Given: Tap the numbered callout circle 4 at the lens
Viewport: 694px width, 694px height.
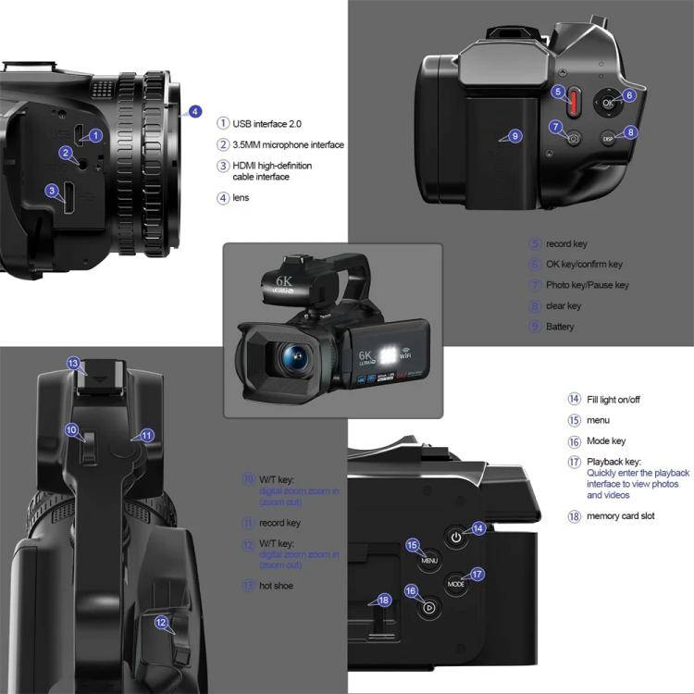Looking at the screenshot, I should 194,112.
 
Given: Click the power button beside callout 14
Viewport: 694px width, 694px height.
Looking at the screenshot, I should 455,537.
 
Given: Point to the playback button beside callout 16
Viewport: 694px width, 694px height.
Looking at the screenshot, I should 428,608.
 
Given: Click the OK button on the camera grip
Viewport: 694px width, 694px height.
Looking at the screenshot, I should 608,104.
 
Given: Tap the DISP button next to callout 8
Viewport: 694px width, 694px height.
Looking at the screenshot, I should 608,138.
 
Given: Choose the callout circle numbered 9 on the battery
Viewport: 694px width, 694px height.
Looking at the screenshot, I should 515,136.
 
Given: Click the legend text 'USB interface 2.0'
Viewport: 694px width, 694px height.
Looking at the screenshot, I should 266,123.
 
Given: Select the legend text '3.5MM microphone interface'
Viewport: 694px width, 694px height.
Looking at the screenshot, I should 288,144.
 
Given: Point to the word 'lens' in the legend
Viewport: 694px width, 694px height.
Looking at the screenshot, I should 241,197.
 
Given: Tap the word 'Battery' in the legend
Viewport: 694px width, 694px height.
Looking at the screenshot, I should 560,327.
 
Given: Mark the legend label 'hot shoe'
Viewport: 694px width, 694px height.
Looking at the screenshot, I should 277,585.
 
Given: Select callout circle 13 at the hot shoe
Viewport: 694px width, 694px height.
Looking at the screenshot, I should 74,364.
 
